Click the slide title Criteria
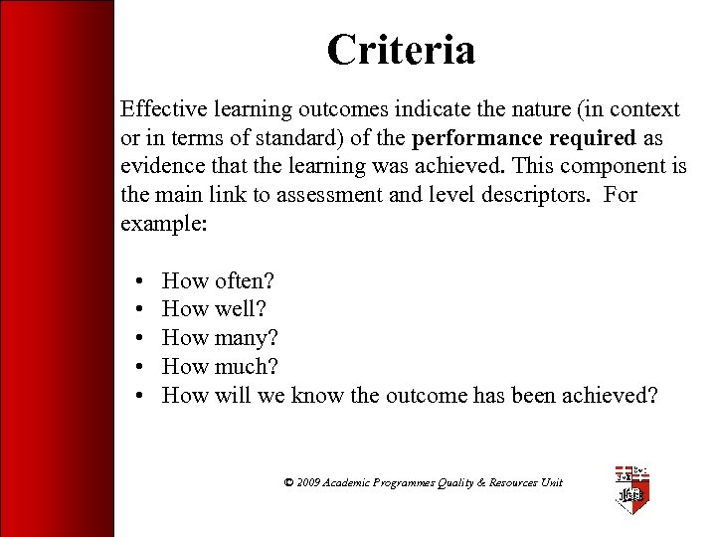pos(401,50)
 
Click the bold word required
pos(585,137)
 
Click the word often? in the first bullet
pos(244,280)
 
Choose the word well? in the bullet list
pos(240,309)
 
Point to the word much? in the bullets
pos(246,367)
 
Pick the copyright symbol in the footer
pos(288,482)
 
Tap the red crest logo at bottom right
pos(630,489)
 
